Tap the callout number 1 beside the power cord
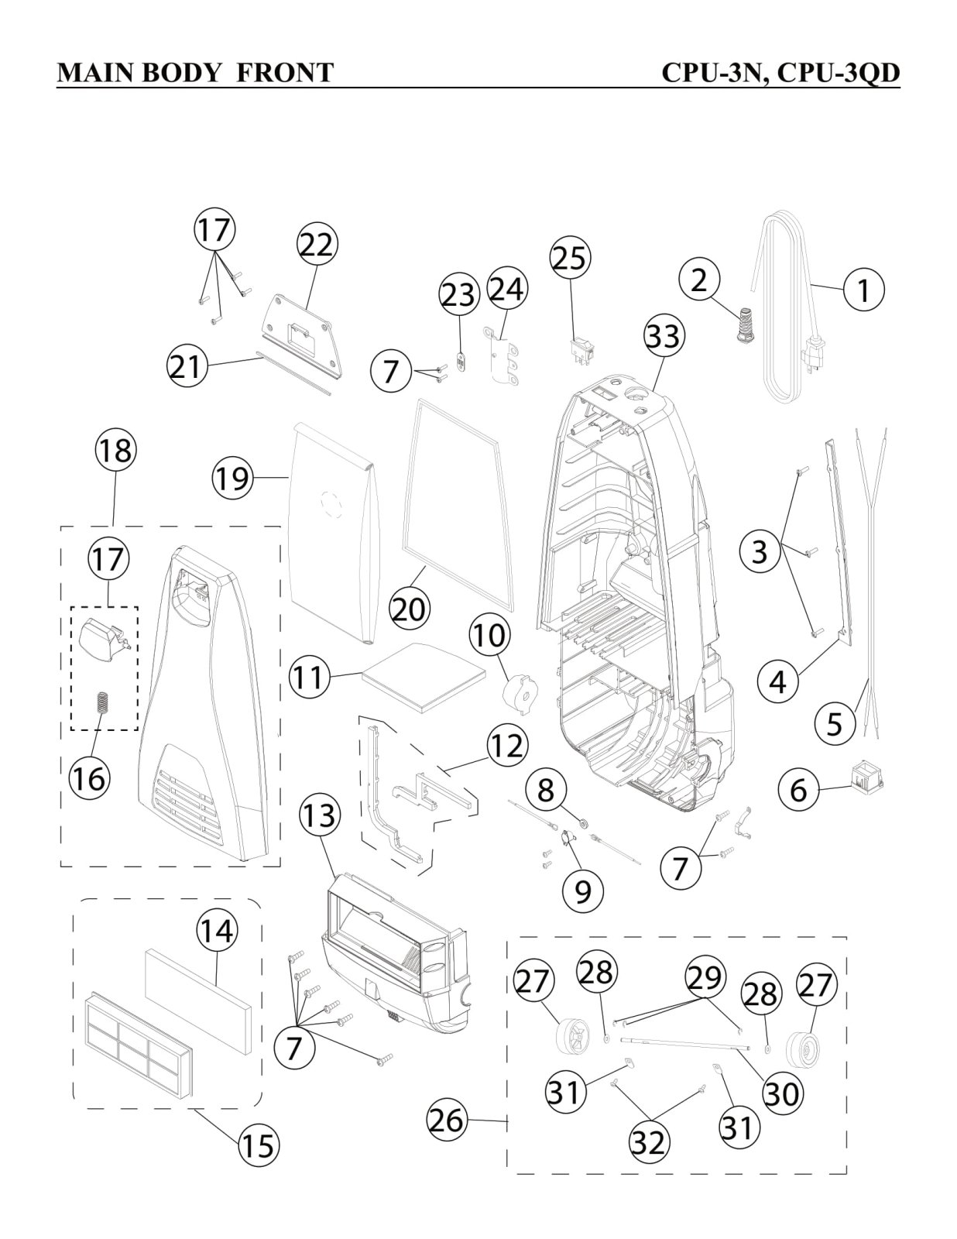pyautogui.click(x=863, y=290)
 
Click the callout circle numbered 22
pyautogui.click(x=317, y=245)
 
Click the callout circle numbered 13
pyautogui.click(x=319, y=815)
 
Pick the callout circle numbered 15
pyautogui.click(x=259, y=1145)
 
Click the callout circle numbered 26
pyautogui.click(x=448, y=1120)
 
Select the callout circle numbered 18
pyautogui.click(x=115, y=451)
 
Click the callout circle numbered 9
pyautogui.click(x=582, y=891)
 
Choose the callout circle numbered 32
pyautogui.click(x=649, y=1141)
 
